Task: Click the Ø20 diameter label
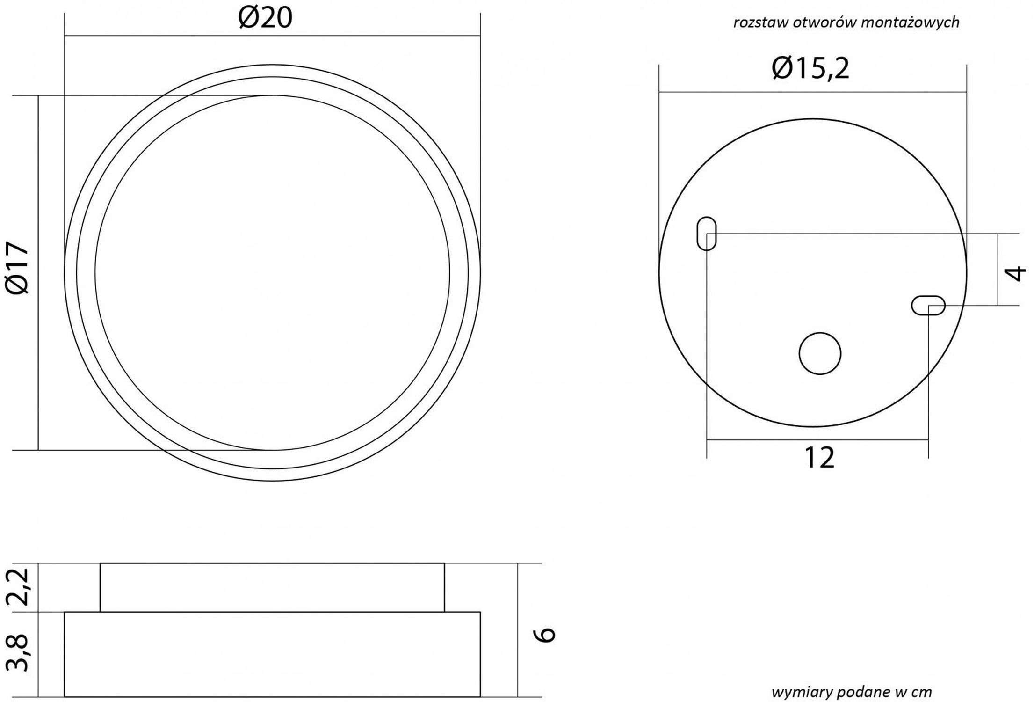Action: (265, 19)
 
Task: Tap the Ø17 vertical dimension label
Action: (19, 268)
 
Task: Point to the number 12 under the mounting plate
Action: (819, 458)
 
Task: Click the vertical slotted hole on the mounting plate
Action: (706, 233)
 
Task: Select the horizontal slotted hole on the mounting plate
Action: (928, 306)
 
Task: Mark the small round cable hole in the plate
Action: (820, 353)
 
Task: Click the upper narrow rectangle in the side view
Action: (272, 587)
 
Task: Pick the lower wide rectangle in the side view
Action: (272, 654)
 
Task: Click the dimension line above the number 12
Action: (817, 440)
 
